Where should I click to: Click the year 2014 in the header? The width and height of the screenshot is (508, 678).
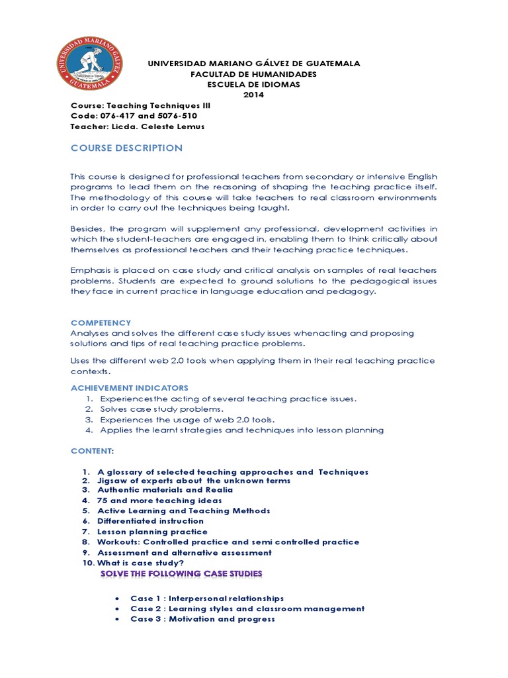[253, 94]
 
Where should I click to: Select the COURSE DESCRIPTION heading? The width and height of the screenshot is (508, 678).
[126, 148]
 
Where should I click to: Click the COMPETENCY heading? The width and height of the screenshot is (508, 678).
[101, 322]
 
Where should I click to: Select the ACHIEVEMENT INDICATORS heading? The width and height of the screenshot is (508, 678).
[130, 387]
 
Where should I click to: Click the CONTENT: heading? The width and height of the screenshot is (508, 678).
[93, 451]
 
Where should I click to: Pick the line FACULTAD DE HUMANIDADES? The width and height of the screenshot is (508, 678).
[253, 73]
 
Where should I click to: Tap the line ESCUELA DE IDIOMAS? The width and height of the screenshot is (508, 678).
[253, 84]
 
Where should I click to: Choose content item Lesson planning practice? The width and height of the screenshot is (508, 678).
[153, 532]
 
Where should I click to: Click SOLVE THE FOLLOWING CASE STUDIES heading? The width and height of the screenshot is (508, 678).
[181, 573]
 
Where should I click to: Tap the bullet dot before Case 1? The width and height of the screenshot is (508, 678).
[117, 599]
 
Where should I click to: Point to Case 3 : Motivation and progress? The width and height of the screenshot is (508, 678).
[202, 619]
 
